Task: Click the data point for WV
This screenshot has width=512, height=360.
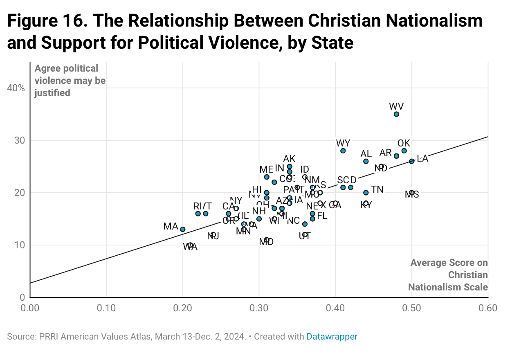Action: [396, 114]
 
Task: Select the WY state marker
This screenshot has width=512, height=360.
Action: [343, 151]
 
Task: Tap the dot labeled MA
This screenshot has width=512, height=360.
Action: [183, 229]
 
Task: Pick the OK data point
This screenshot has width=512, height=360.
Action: [404, 151]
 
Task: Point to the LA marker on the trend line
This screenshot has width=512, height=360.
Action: [412, 161]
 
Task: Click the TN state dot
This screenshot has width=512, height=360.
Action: [366, 193]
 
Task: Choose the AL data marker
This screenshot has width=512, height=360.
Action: [366, 161]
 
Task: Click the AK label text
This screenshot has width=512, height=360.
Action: [289, 159]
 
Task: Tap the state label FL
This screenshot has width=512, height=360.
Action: [322, 216]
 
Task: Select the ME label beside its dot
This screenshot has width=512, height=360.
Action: [266, 169]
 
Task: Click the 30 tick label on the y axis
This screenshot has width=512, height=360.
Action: [20, 140]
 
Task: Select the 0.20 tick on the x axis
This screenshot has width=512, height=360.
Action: [183, 308]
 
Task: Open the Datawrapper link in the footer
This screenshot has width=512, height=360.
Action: [332, 337]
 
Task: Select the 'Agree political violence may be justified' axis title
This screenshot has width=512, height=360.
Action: [70, 81]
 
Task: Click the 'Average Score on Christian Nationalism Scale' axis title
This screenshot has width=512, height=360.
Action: [449, 274]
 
